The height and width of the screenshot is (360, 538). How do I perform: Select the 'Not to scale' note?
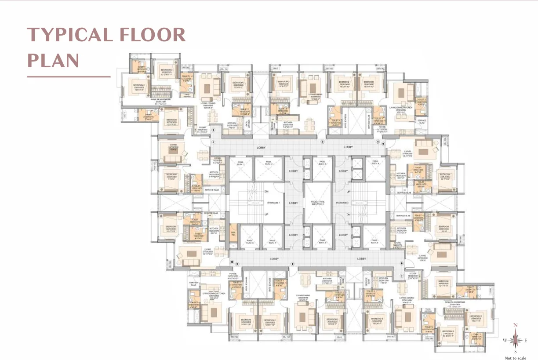(x=516, y=358)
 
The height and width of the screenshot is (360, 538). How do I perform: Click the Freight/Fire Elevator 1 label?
(x=317, y=203)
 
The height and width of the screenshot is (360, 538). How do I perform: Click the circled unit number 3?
(x=323, y=142)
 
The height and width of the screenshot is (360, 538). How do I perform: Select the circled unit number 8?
(x=292, y=264)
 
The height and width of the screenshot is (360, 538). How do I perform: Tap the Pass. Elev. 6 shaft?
(x=322, y=238)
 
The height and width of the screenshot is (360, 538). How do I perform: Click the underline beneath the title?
(x=69, y=76)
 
